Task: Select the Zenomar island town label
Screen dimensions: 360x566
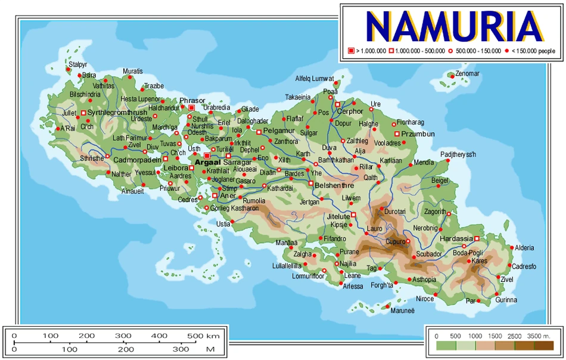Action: point(467,74)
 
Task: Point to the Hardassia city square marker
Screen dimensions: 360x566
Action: point(477,238)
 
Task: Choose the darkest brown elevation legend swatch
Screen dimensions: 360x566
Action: point(544,346)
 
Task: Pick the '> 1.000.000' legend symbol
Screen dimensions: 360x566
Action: point(351,51)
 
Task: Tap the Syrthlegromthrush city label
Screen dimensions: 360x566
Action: point(117,112)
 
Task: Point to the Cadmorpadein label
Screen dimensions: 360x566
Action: point(137,160)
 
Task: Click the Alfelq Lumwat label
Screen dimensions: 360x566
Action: point(314,78)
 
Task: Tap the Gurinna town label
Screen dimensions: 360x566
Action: point(506,300)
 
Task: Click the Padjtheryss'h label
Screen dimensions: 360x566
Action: point(458,155)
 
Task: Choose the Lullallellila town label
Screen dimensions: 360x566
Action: point(288,266)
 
